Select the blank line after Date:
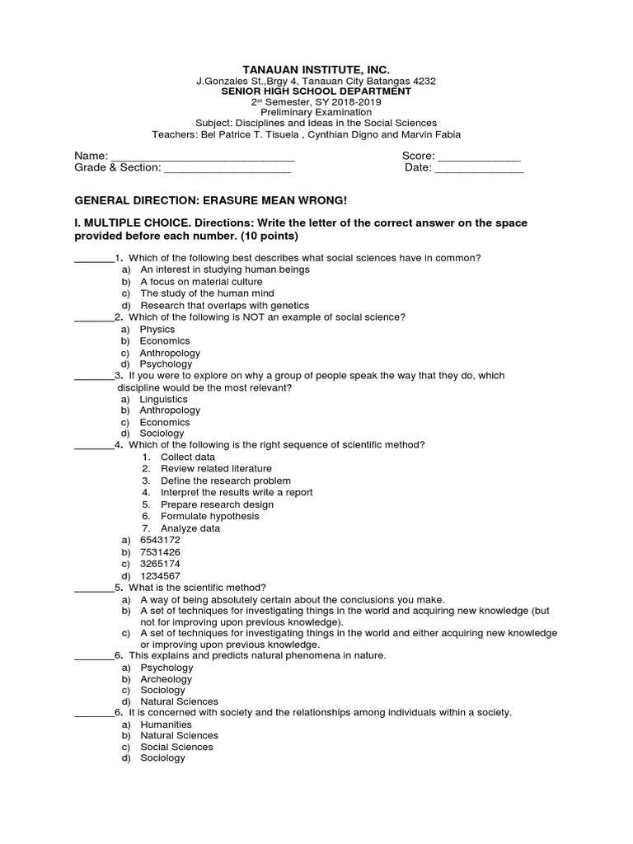click(x=479, y=171)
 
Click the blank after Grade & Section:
click(x=228, y=171)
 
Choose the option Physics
click(x=157, y=330)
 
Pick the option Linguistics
click(x=164, y=399)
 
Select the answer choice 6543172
click(x=160, y=540)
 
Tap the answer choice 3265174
click(x=160, y=564)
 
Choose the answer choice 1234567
click(x=160, y=575)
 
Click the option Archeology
click(x=166, y=679)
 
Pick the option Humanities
click(x=166, y=724)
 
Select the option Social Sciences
click(x=176, y=747)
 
